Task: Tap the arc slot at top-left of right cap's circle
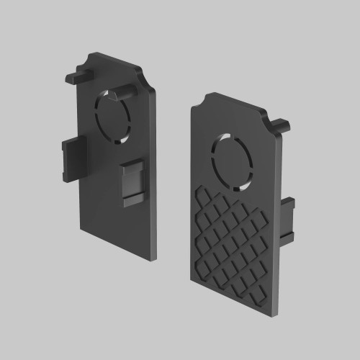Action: (221, 140)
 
